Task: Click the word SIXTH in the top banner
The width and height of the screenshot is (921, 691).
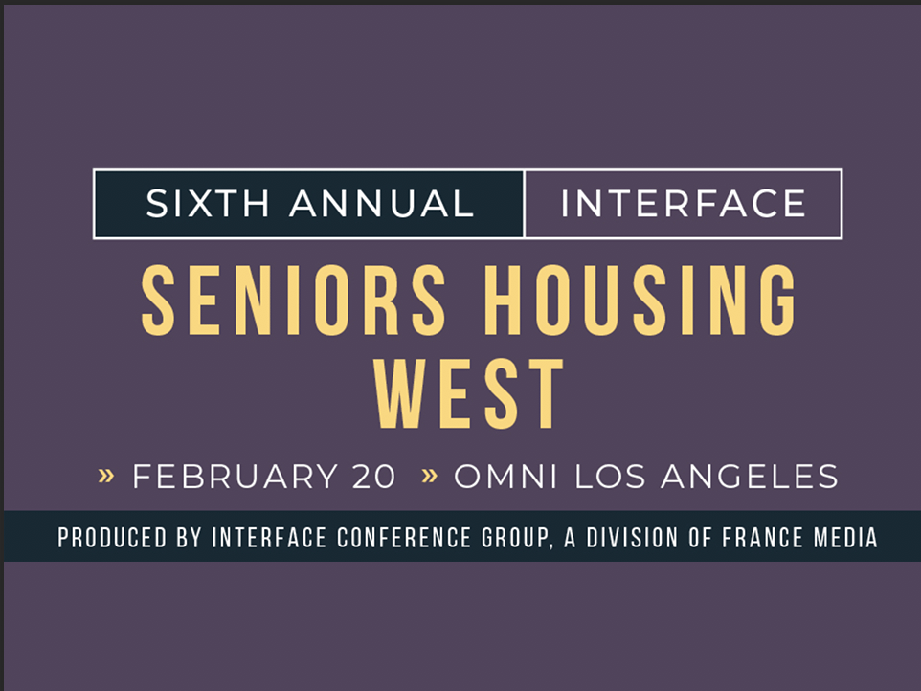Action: pos(208,204)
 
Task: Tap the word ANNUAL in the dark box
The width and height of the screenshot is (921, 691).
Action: pos(382,204)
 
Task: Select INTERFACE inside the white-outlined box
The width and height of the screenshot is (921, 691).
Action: pos(684,204)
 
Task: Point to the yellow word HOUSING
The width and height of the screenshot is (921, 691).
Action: pos(640,301)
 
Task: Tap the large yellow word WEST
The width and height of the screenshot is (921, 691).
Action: pos(469,394)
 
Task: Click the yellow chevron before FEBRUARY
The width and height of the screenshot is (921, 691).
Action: pos(105,476)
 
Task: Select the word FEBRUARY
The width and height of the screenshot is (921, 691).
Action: pos(235,476)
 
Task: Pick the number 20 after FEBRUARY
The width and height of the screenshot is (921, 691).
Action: pos(373,476)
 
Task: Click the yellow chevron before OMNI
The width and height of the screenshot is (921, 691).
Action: pos(429,476)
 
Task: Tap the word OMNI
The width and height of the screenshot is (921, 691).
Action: pos(506,476)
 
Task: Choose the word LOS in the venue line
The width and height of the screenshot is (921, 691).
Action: pos(610,476)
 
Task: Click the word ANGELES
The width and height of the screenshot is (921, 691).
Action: pos(750,476)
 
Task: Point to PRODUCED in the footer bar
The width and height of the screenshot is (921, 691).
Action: pos(112,538)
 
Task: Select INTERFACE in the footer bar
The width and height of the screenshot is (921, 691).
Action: pos(269,538)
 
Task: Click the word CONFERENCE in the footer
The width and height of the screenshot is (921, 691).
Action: pos(404,538)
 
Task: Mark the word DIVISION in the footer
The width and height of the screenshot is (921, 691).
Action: pos(632,538)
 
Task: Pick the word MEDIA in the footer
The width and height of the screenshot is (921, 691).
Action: pos(845,538)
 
